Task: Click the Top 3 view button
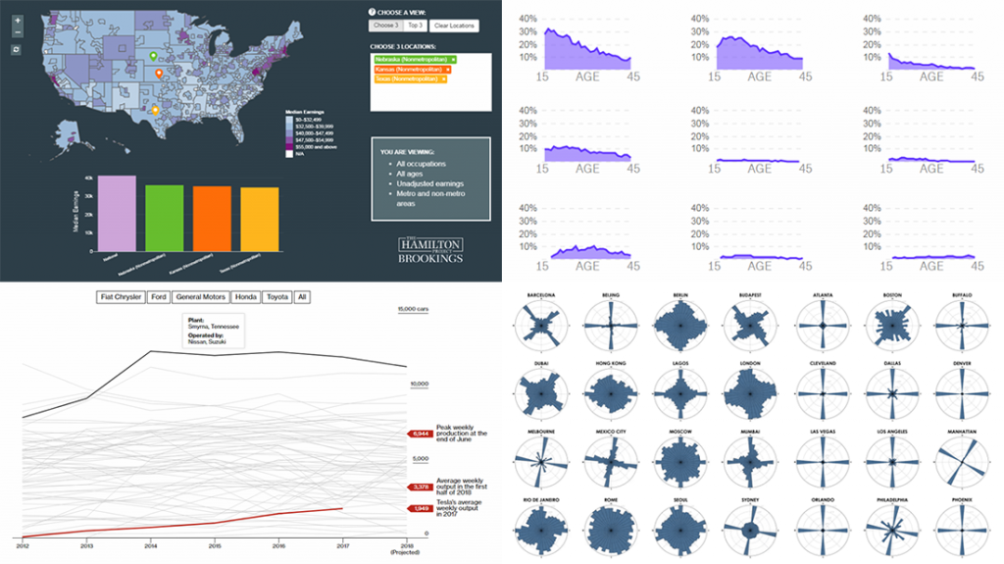415,26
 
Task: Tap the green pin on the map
151,58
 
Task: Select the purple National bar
117,213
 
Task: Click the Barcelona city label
540,294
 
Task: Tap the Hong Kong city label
610,363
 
